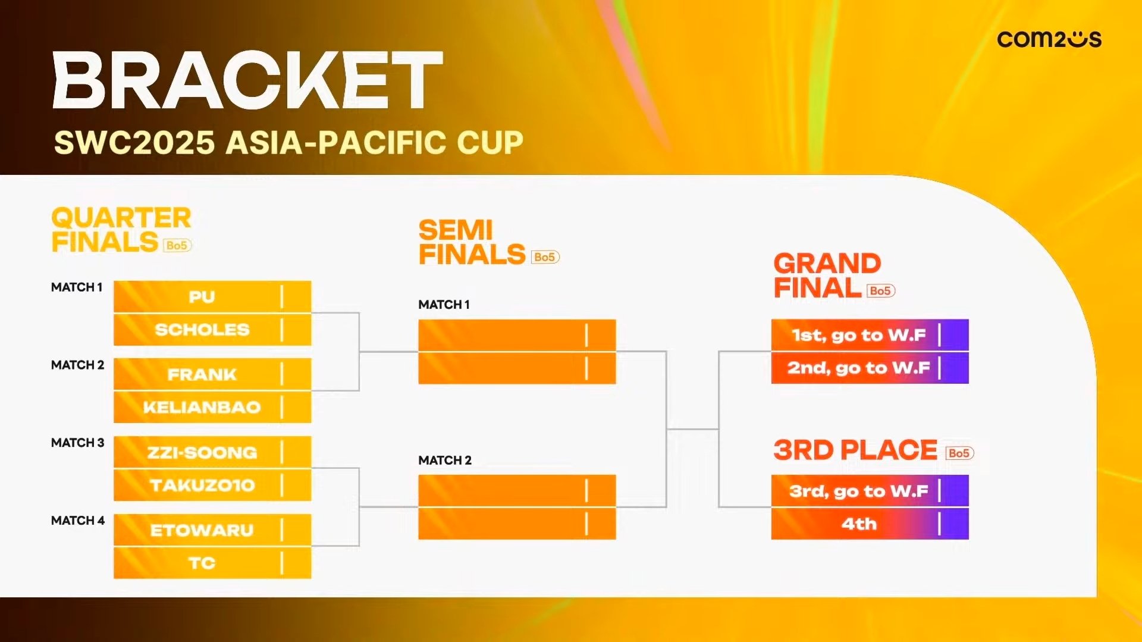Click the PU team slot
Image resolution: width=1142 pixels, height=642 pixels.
pyautogui.click(x=212, y=296)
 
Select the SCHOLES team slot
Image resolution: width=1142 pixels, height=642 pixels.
pyautogui.click(x=212, y=330)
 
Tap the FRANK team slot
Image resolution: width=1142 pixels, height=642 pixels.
pyautogui.click(x=212, y=374)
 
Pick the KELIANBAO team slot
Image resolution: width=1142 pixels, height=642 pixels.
pyautogui.click(x=212, y=407)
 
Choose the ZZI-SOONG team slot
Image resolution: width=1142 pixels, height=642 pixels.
pyautogui.click(x=212, y=452)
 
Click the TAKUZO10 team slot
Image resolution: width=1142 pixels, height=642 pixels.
pyautogui.click(x=212, y=485)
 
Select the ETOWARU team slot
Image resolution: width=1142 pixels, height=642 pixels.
pyautogui.click(x=212, y=530)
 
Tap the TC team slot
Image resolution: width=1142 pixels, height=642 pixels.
pyautogui.click(x=212, y=563)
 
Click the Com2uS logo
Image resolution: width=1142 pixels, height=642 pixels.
pyautogui.click(x=1049, y=39)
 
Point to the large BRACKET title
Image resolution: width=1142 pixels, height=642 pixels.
pyautogui.click(x=248, y=80)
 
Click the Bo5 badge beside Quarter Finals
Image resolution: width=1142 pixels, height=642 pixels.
pyautogui.click(x=177, y=245)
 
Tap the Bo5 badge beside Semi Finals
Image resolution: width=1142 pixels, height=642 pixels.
pyautogui.click(x=545, y=257)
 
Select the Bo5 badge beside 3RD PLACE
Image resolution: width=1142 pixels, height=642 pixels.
pyautogui.click(x=959, y=453)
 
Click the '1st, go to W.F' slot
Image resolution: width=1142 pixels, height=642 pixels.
pyautogui.click(x=870, y=335)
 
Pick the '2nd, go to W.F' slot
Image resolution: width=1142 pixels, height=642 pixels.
pyautogui.click(x=870, y=368)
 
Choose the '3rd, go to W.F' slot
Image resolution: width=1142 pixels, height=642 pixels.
pyautogui.click(x=870, y=491)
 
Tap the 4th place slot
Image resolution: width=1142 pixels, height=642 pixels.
pyautogui.click(x=870, y=524)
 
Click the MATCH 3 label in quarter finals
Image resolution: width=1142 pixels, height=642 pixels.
pyautogui.click(x=77, y=443)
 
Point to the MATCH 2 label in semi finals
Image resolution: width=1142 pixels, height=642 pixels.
pyautogui.click(x=445, y=460)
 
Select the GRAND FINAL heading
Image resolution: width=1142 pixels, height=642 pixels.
pyautogui.click(x=827, y=275)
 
